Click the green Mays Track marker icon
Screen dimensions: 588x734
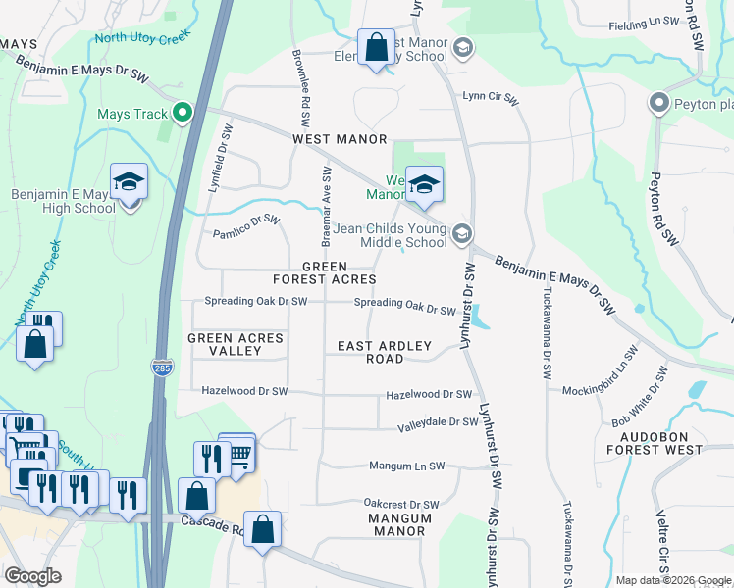tap(182, 114)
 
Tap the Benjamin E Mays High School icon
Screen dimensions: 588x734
tap(129, 183)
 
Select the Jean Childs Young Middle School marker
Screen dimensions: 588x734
tap(462, 233)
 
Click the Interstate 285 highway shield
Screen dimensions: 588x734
tap(163, 367)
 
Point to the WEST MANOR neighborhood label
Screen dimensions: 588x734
tap(340, 140)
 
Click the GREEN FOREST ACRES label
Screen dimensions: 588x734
tap(325, 272)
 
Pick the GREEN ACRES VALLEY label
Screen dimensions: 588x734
tap(236, 345)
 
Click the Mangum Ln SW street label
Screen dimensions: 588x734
tap(406, 466)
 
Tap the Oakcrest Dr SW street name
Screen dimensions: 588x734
tap(401, 504)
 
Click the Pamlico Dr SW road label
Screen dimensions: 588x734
tap(246, 225)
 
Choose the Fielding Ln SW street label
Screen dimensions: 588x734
tap(644, 24)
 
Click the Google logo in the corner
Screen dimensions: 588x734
tap(32, 576)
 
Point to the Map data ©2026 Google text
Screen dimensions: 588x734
tap(672, 580)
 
